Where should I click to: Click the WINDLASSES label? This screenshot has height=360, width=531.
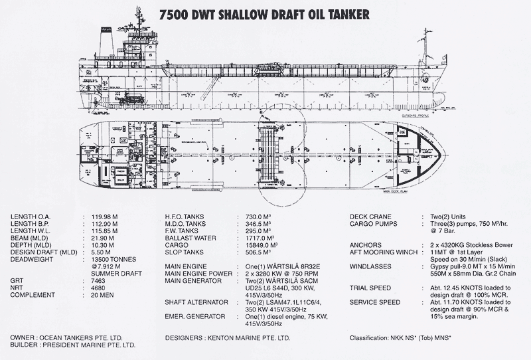[x=374, y=267]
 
